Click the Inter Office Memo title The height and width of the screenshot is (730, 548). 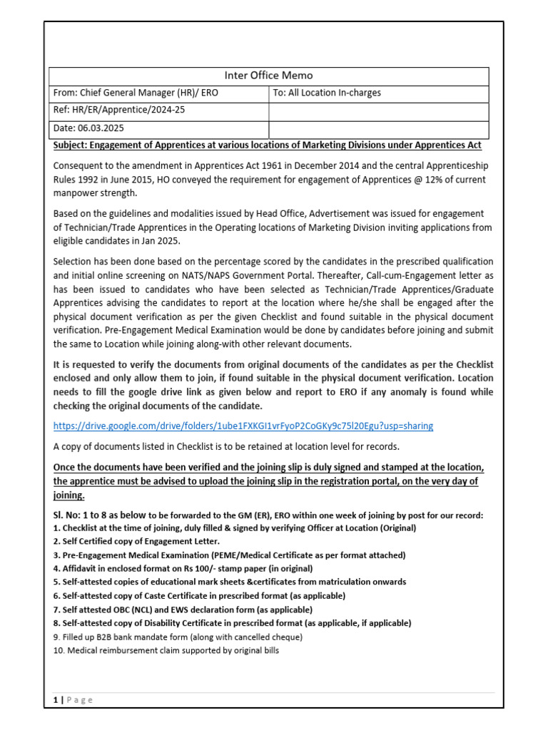coord(268,76)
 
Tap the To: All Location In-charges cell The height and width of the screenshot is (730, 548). coord(327,93)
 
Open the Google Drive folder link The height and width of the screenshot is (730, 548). coord(243,426)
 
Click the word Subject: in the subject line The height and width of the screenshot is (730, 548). coord(76,145)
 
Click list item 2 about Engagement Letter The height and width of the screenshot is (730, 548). coord(136,541)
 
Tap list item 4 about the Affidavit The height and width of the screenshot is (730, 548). coord(183,568)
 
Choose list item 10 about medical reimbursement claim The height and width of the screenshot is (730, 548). coord(166,651)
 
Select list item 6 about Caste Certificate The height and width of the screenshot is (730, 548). coord(199,595)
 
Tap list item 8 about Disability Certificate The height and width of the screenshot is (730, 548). coord(232,622)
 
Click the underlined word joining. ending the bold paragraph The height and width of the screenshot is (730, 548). coord(69,495)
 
